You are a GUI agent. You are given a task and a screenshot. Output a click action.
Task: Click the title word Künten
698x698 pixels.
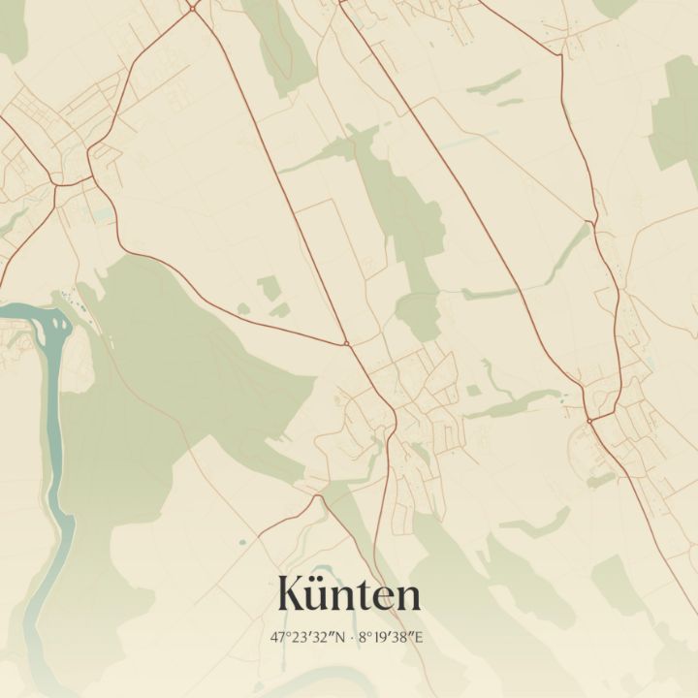[349, 593]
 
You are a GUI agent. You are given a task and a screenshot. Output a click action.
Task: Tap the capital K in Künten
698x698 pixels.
[294, 593]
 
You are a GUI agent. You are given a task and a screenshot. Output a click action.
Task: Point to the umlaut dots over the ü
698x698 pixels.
[327, 578]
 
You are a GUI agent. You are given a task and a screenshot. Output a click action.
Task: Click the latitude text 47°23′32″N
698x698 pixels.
[308, 637]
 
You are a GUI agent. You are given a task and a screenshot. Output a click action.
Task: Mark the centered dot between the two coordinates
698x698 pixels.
[350, 637]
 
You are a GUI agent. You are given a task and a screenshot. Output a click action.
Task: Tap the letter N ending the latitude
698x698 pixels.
[339, 637]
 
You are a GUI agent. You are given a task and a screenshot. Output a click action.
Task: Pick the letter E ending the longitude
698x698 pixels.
[420, 637]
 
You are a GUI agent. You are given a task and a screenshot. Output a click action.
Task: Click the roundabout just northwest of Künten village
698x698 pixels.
[346, 343]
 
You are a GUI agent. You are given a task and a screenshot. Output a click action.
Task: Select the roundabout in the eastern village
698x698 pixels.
[588, 420]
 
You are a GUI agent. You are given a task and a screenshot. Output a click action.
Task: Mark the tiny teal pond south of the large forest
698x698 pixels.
[241, 539]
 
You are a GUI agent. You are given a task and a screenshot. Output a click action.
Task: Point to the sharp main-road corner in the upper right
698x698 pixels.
[561, 54]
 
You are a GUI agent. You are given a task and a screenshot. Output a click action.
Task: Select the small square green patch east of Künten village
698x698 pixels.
[473, 391]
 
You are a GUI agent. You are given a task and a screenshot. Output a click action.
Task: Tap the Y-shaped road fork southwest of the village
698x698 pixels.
[317, 496]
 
